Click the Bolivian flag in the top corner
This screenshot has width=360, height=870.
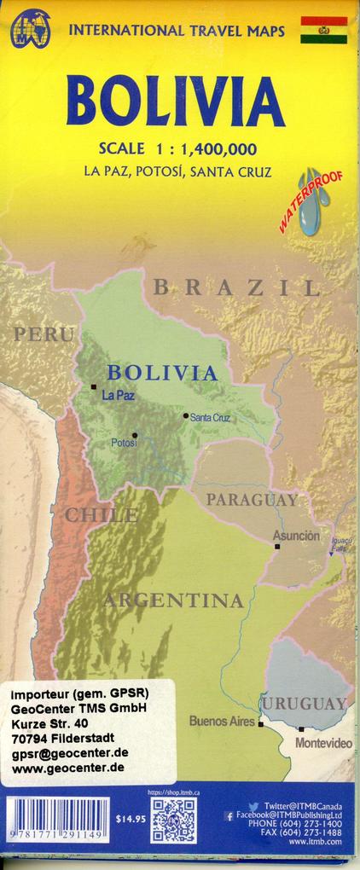[323, 29]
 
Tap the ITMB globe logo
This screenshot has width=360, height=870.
[30, 28]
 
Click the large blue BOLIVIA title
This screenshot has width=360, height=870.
[175, 100]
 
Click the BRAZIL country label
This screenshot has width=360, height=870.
[236, 288]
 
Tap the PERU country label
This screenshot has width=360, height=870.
[43, 334]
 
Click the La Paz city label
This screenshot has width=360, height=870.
[118, 395]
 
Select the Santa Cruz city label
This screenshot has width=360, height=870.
[210, 417]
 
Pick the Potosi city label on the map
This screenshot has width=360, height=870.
[124, 443]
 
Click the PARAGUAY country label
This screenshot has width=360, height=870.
[253, 500]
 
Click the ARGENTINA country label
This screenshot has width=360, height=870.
[173, 600]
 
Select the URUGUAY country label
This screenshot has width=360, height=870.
[304, 704]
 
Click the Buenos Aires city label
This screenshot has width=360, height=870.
[222, 722]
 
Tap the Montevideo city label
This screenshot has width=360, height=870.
[323, 744]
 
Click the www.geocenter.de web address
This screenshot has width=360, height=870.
[68, 767]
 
